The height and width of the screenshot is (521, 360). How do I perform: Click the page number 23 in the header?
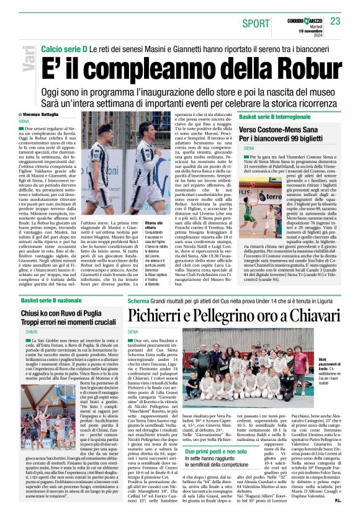pos(335,21)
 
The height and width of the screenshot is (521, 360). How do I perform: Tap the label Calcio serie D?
pos(65,48)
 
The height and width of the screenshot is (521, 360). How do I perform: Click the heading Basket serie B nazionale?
pos(55,300)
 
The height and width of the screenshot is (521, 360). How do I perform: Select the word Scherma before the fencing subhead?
pos(138,300)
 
